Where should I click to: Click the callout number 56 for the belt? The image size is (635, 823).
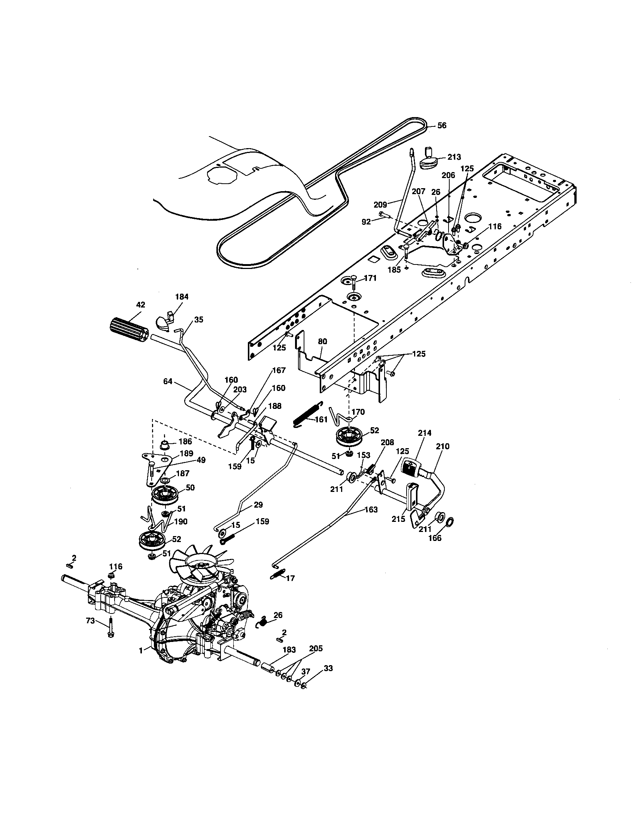click(x=441, y=125)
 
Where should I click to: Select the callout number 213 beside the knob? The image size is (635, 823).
click(x=454, y=157)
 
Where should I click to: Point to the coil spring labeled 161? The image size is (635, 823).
click(x=308, y=413)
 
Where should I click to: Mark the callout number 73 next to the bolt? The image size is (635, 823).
click(x=90, y=621)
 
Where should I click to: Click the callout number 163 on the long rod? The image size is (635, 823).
click(x=371, y=510)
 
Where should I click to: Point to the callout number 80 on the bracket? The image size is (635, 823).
click(x=322, y=342)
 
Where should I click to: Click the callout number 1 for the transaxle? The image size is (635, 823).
click(x=141, y=651)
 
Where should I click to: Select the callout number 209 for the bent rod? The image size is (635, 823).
click(x=380, y=205)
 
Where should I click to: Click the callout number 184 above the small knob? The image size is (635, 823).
click(x=182, y=297)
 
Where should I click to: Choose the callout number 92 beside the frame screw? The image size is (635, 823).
click(x=366, y=222)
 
